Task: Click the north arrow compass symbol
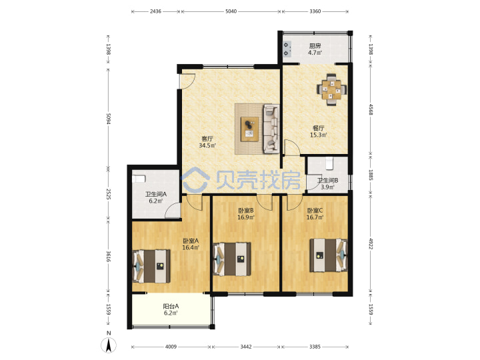(x=109, y=345)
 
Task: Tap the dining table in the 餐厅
(x=331, y=89)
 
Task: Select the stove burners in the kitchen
(x=287, y=49)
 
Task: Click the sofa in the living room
(x=271, y=129)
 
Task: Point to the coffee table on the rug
(x=249, y=129)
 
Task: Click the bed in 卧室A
(x=151, y=266)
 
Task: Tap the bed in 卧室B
(x=232, y=259)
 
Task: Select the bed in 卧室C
(x=329, y=255)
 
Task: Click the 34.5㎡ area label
(x=207, y=146)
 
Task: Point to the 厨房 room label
(x=315, y=46)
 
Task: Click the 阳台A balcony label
(x=171, y=306)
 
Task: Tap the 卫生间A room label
(x=156, y=194)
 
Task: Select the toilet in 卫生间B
(x=329, y=163)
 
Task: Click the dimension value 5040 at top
(x=231, y=11)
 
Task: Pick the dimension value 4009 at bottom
(x=171, y=347)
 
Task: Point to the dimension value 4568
(x=371, y=109)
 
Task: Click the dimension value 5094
(x=108, y=119)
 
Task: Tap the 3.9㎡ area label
(x=327, y=187)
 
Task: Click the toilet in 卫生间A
(x=139, y=179)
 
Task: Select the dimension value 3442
(x=246, y=347)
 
